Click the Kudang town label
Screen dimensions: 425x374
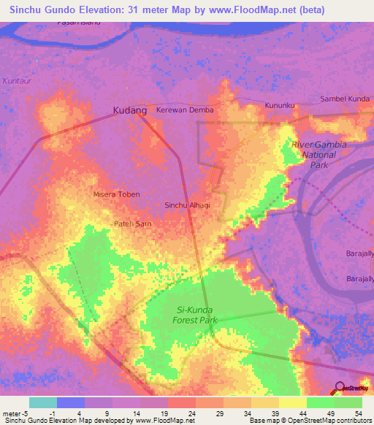(130, 110)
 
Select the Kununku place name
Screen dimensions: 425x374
(280, 105)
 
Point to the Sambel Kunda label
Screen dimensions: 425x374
(346, 99)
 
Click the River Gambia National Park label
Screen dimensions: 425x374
(318, 155)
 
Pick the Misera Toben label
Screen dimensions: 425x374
(116, 194)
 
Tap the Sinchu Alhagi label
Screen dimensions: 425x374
(187, 205)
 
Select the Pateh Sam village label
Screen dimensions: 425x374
(132, 224)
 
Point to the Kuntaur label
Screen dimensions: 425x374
(17, 80)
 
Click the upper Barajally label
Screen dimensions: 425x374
(359, 253)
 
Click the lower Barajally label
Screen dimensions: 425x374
(359, 279)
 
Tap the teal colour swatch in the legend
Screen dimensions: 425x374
(42, 402)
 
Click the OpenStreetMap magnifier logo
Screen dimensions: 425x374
(339, 388)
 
